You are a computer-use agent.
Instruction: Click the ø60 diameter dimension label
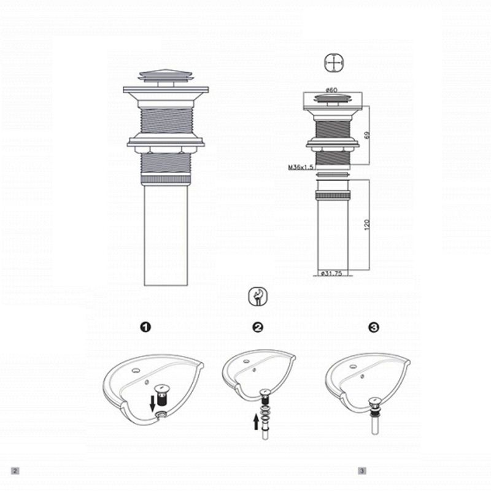tap(331, 91)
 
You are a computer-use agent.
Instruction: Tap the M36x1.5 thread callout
tap(301, 167)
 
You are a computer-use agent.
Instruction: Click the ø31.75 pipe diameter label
tap(331, 274)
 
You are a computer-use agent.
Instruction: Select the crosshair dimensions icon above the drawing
tap(332, 63)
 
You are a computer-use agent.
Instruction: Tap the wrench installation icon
tap(258, 297)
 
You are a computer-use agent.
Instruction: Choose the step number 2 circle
tap(258, 328)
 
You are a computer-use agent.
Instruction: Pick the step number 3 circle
tap(374, 328)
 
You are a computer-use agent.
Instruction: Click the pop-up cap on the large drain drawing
tap(166, 76)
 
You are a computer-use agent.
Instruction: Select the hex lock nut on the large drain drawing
tap(166, 149)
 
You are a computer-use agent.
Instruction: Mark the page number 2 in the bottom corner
tap(15, 471)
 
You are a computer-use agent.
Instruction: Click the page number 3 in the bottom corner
tap(363, 471)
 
